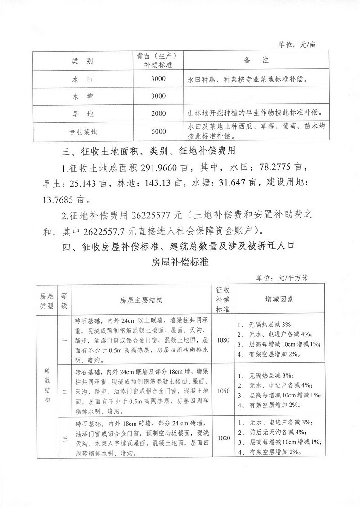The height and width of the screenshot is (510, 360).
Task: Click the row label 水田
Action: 82,79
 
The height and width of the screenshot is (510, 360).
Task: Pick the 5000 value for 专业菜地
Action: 159,131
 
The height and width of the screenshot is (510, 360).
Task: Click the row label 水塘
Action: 82,96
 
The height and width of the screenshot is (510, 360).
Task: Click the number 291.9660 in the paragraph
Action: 161,168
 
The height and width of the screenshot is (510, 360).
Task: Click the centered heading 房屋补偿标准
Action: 180,262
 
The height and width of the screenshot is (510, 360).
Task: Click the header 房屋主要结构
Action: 141,300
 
